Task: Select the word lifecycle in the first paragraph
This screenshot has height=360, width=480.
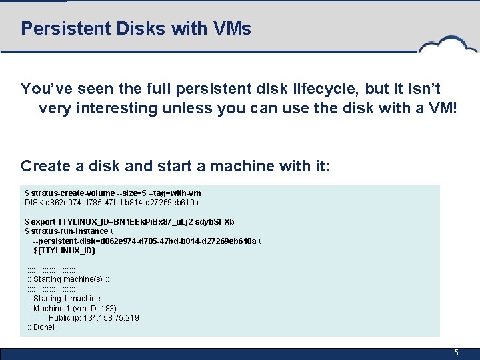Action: coord(291,89)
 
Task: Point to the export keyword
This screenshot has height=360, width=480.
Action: coord(43,222)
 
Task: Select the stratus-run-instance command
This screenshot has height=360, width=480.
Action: coord(65,231)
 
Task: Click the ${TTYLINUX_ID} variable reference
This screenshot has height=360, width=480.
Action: coord(65,250)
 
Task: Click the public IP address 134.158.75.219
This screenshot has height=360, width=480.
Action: coord(111,318)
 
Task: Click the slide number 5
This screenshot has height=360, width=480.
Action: coord(456,353)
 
